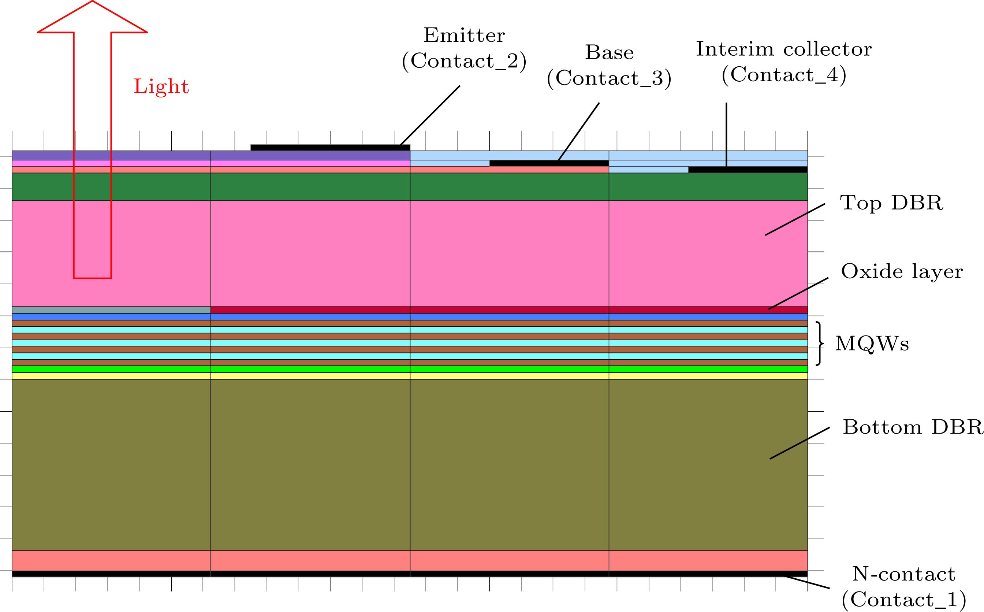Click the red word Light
click(161, 87)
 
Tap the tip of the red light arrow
click(92, 1)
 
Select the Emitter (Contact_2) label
click(464, 49)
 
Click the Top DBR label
click(892, 203)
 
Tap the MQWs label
click(872, 344)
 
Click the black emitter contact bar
click(331, 148)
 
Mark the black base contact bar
click(549, 163)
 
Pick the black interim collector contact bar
click(748, 170)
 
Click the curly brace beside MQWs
click(819, 344)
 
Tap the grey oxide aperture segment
click(111, 310)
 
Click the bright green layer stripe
click(410, 369)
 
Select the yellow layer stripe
click(410, 376)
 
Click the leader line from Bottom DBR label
click(799, 443)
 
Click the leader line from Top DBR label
click(795, 219)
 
